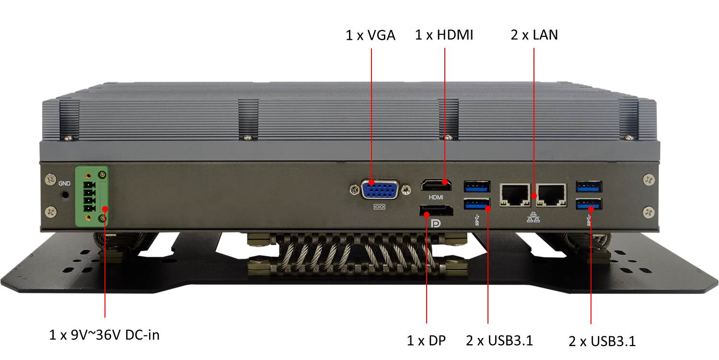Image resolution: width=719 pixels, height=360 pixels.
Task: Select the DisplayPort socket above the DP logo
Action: point(436,210)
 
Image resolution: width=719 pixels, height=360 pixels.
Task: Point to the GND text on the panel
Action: point(64,184)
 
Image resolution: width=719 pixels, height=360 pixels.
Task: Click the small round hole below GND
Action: point(66,195)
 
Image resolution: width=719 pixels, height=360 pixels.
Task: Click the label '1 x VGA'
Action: point(370,35)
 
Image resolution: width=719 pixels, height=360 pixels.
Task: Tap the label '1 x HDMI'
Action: point(444,35)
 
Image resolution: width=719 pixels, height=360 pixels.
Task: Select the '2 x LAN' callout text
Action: point(534,35)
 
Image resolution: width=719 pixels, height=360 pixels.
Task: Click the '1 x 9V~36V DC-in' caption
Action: point(104,335)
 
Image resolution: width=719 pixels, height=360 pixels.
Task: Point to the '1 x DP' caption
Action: point(426,340)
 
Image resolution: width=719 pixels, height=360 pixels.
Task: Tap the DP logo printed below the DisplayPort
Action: point(436,223)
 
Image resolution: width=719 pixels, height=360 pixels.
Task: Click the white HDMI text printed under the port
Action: point(436,197)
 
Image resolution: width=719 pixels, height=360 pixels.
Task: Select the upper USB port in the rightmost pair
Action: point(589,186)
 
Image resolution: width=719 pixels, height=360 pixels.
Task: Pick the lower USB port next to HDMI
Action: point(477,206)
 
